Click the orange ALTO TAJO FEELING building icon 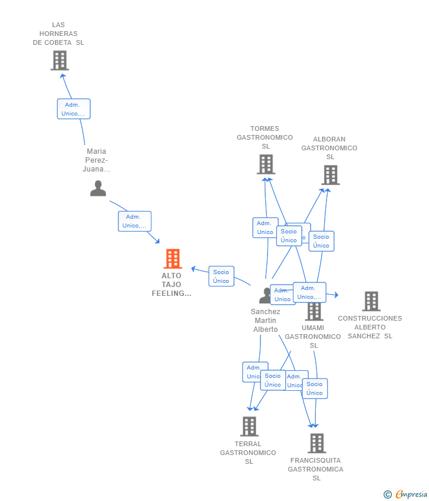(x=173, y=259)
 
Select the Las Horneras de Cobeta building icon (x=60, y=60)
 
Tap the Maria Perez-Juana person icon (x=98, y=188)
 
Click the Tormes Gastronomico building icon (x=266, y=164)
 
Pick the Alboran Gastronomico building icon (x=331, y=175)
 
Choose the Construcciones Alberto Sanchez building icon (x=371, y=301)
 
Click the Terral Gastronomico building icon (x=249, y=426)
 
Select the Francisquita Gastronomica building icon (x=316, y=443)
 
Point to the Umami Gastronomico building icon (x=314, y=311)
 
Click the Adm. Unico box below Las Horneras (x=74, y=109)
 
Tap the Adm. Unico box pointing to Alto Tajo (x=134, y=221)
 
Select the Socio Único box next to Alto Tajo (x=221, y=276)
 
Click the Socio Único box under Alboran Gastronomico (x=321, y=241)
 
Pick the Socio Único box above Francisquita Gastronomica (x=315, y=388)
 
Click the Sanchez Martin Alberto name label (x=265, y=321)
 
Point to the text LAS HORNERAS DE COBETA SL (x=58, y=34)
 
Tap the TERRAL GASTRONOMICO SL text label (x=248, y=453)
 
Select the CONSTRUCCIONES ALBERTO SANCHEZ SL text (x=369, y=327)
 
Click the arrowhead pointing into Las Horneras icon (x=62, y=75)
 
